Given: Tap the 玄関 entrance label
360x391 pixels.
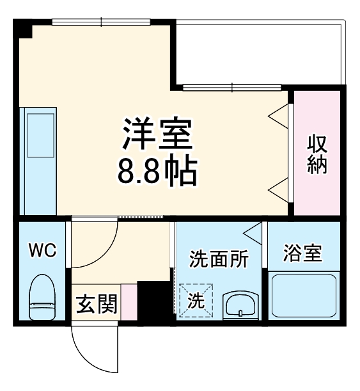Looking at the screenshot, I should coord(97,305).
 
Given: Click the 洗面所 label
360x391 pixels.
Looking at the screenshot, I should coord(217,260).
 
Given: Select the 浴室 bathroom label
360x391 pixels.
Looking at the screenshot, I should coord(302,253).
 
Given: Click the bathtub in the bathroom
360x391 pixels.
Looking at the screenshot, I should coord(304,296).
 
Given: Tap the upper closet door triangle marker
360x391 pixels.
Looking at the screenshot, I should coord(279,115).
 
